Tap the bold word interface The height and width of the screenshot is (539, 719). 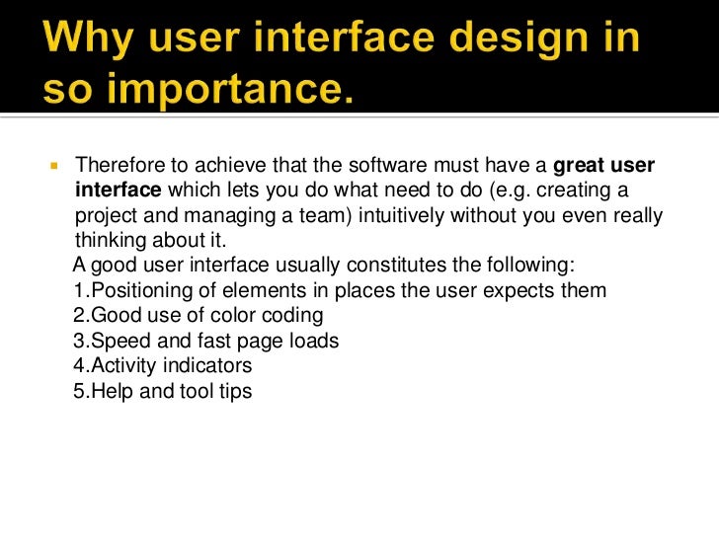(119, 190)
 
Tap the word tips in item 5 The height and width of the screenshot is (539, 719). (234, 392)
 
